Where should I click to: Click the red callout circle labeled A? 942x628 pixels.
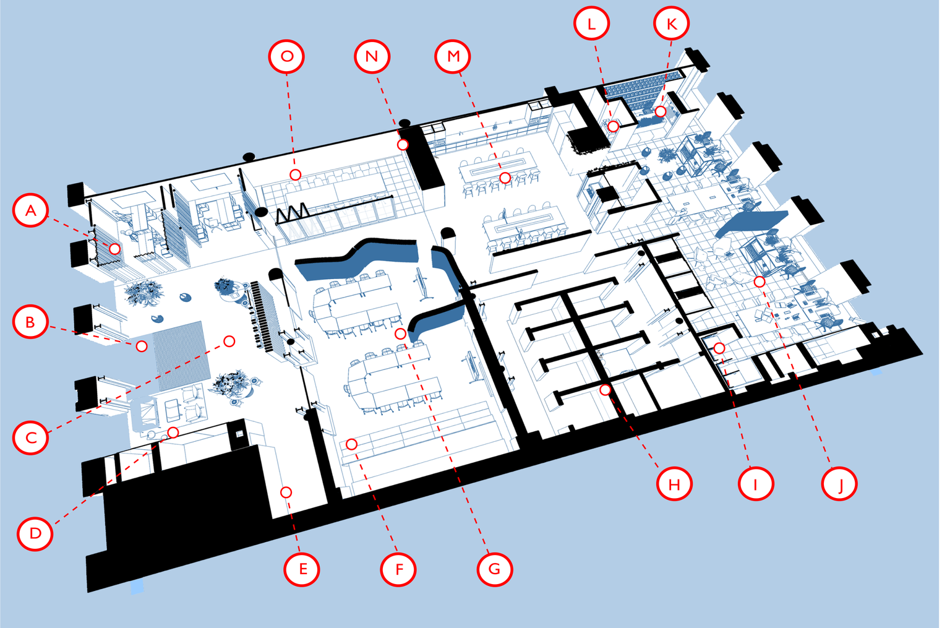point(30,210)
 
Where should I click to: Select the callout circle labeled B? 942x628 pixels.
point(30,321)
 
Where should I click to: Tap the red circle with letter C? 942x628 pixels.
point(30,437)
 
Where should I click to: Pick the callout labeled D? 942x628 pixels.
point(35,533)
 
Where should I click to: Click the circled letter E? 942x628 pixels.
point(302,569)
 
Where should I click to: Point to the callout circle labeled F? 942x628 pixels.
point(398,569)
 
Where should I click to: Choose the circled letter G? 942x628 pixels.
point(495,569)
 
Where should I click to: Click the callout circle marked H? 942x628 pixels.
point(674,483)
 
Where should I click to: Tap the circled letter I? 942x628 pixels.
point(756,483)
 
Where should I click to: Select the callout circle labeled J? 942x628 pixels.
point(839,483)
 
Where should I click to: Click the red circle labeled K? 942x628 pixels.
point(671,24)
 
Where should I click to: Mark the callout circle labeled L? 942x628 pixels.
point(591,24)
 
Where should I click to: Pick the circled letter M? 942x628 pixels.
point(453,56)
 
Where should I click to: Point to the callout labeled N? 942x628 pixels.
point(372,56)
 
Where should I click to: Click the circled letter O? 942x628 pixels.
point(286,56)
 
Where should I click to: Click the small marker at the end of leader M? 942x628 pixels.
point(505,178)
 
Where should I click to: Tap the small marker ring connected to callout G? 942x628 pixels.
point(401,334)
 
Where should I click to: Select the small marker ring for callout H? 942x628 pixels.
point(606,390)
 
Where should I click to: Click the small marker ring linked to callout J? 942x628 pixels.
point(760,282)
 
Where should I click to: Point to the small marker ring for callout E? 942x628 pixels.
point(286,492)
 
